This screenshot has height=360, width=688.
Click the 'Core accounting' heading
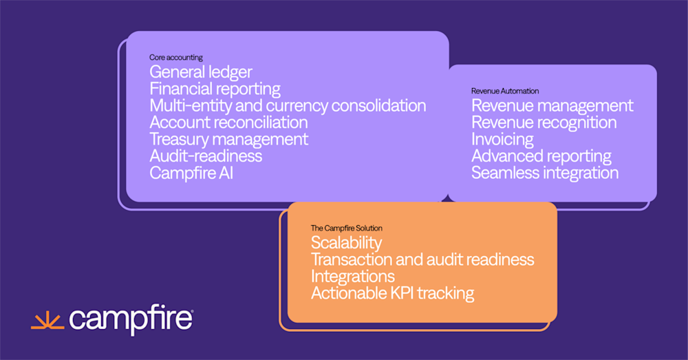tap(176, 57)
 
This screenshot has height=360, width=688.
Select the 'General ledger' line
tap(201, 72)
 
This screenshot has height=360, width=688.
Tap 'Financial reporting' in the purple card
tap(215, 89)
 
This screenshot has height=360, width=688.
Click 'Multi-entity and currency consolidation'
tap(288, 106)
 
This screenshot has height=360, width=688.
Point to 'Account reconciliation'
tap(228, 123)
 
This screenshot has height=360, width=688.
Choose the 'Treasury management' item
tap(229, 139)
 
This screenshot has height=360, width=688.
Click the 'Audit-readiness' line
tap(206, 156)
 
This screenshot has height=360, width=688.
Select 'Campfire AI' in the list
tap(191, 173)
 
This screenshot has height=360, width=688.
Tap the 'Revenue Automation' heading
tap(505, 91)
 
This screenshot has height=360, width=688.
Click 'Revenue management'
tap(552, 106)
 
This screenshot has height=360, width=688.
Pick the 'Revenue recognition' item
tap(544, 123)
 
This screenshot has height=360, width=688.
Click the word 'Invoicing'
tap(502, 139)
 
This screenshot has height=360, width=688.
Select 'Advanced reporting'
tap(541, 156)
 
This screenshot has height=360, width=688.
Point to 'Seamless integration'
tap(545, 173)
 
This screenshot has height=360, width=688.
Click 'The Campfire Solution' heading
tap(347, 228)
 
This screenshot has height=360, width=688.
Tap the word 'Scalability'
tap(346, 243)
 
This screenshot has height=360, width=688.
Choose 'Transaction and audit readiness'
tap(422, 260)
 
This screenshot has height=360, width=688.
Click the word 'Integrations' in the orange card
tap(353, 276)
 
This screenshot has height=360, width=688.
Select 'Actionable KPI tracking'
tap(392, 293)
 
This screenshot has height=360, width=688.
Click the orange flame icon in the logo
tap(47, 319)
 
